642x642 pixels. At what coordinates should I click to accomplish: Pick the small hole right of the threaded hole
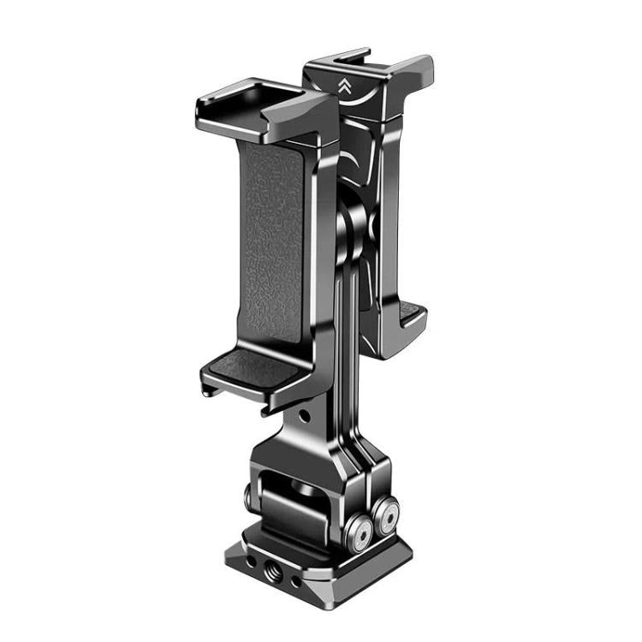pos(295,582)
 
